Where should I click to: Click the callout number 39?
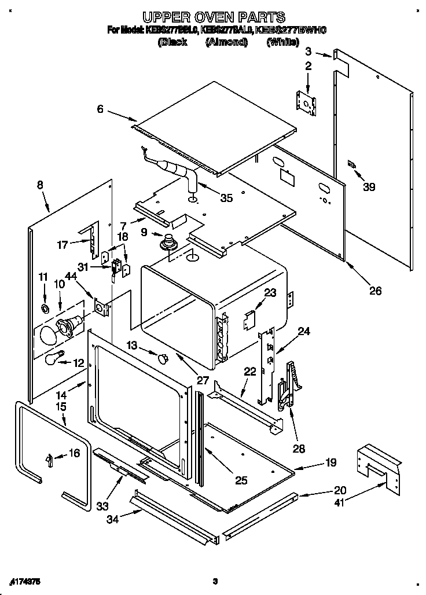tap(369, 186)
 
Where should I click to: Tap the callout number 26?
tap(375, 291)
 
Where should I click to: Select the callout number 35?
tap(226, 198)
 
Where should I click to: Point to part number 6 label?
tap(100, 109)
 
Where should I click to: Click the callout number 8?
tap(39, 185)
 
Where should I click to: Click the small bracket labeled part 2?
tap(307, 102)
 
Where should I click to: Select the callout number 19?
tap(330, 462)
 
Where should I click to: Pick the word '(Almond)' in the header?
tap(226, 42)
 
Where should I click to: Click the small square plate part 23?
tap(250, 318)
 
